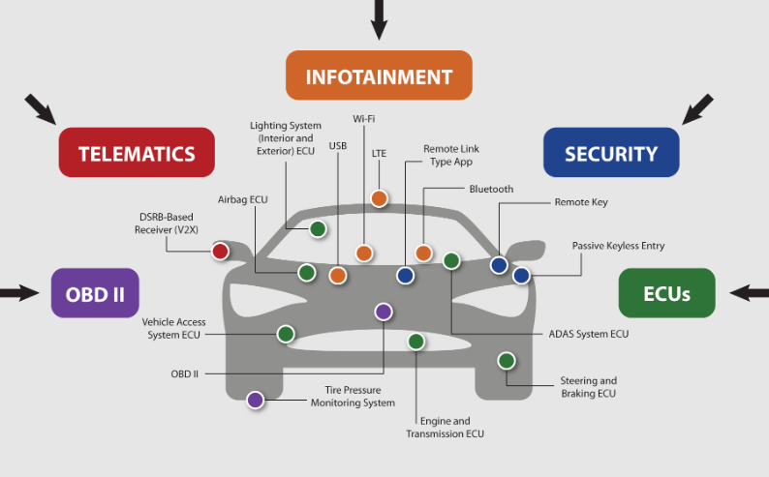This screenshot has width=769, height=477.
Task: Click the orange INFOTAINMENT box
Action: tap(379, 75)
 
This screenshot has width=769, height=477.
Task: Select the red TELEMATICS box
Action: tap(137, 153)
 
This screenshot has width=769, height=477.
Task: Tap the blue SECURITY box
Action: tap(610, 153)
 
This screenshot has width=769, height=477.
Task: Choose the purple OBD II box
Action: tap(95, 293)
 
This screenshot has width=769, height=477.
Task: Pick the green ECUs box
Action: tap(666, 293)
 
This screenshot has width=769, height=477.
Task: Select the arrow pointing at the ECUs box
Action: tap(748, 292)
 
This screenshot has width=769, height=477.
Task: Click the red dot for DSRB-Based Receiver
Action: tap(220, 252)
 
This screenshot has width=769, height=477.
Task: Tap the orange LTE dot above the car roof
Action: tap(379, 198)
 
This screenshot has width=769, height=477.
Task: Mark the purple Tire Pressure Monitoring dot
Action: tap(256, 399)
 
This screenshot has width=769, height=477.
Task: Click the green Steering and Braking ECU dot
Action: tap(506, 361)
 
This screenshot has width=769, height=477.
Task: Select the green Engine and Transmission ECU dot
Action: tap(416, 341)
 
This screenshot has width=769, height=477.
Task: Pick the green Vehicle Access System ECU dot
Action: tap(286, 334)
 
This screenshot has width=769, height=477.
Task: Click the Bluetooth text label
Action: tap(491, 189)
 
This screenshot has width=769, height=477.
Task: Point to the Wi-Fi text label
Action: tap(363, 119)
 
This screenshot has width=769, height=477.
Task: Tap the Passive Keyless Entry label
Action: tap(618, 246)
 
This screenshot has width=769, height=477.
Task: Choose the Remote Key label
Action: tap(581, 203)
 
